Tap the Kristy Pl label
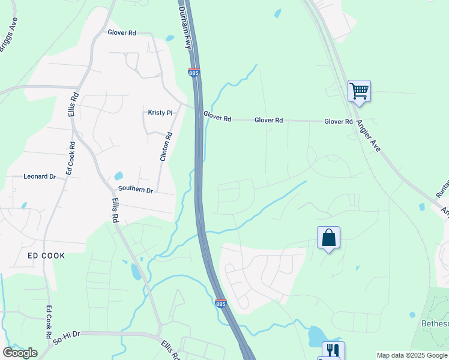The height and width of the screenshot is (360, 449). pos(160,112)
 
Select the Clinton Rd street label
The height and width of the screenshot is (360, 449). pos(166,146)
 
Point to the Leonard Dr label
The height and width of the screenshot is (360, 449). pos(40,177)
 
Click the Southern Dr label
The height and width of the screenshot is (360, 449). pos(136,190)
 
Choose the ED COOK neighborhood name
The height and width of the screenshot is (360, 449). pos(46,256)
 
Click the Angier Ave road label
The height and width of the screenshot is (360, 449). pos(368,134)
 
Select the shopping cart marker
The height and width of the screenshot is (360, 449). pos(359,91)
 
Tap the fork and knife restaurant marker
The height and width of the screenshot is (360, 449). pos(333,350)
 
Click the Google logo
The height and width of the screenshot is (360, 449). pos(20,353)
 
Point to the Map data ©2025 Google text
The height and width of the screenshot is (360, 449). pos(411,355)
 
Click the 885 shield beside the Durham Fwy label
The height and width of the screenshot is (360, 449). pos(193,73)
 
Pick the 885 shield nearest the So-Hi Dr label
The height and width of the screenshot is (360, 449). pos(220,304)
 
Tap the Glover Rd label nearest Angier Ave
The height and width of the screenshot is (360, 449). pos(339,122)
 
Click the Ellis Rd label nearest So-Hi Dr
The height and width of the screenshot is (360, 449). pos(170,350)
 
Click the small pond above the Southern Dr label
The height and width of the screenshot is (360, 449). pos(118,176)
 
